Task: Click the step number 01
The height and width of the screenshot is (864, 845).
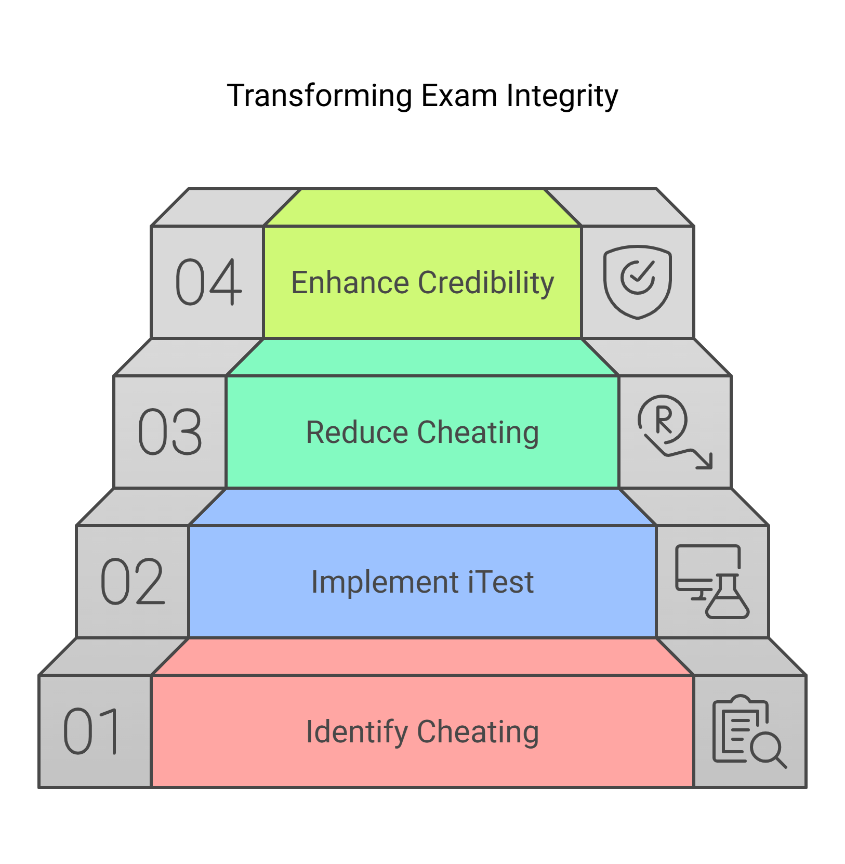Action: click(x=91, y=731)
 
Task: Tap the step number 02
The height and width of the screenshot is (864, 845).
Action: click(x=133, y=582)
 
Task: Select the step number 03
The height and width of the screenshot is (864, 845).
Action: click(x=170, y=432)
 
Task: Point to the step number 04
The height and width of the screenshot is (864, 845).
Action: click(x=208, y=282)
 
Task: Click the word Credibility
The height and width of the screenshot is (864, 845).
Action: click(x=486, y=283)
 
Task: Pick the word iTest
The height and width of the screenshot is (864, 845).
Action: click(x=501, y=582)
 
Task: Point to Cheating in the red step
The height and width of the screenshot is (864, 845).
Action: click(x=478, y=732)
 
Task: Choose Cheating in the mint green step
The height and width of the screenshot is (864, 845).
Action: click(x=478, y=433)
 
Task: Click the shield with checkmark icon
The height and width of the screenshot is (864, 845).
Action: click(x=638, y=282)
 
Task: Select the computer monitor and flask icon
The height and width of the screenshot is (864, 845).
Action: click(x=711, y=581)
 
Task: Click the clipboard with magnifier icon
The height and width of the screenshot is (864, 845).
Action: click(x=749, y=731)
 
